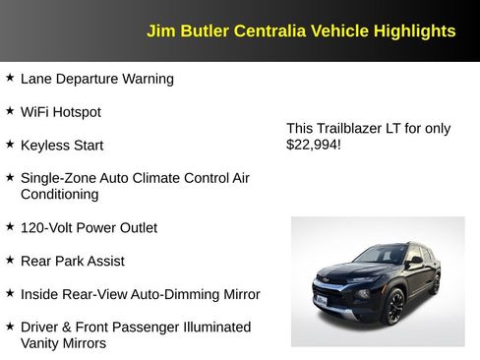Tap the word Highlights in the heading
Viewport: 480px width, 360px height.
[x=415, y=30]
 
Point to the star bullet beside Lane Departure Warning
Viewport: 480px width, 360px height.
[x=10, y=78]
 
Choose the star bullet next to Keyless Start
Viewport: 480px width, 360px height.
[x=10, y=145]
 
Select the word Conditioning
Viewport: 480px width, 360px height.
[x=60, y=195]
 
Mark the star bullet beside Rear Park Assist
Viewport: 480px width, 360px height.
[x=10, y=261]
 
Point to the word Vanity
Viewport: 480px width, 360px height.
[x=42, y=343]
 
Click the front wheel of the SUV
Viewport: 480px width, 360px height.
[x=393, y=307]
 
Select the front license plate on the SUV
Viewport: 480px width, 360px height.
[x=321, y=300]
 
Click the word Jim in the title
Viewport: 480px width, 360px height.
[x=159, y=30]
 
